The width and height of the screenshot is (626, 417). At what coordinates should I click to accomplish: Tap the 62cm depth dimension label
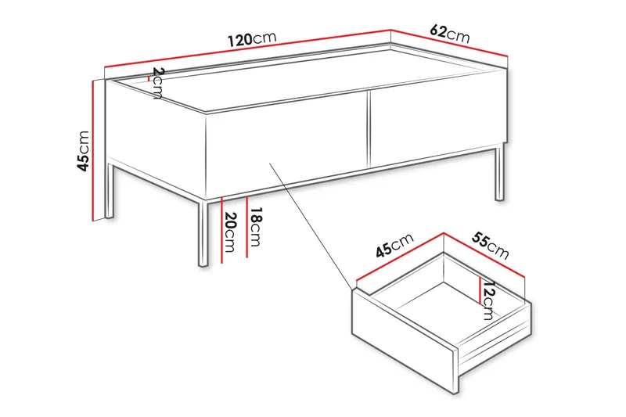(450, 34)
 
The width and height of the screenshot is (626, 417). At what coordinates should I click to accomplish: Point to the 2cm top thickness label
(157, 83)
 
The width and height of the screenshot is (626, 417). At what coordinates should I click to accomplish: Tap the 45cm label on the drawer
(394, 247)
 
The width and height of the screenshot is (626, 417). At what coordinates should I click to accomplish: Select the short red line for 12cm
(479, 289)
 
